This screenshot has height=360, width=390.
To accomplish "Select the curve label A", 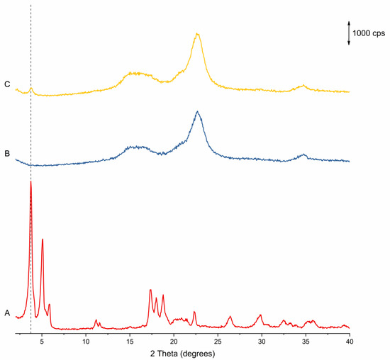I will coord(7,313).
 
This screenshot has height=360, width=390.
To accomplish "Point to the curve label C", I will coord(7,85).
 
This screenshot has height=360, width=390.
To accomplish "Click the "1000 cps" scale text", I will coord(369,33).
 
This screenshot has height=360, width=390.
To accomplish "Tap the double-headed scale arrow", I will coord(349,33).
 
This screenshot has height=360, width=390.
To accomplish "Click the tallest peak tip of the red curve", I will coord(30,181).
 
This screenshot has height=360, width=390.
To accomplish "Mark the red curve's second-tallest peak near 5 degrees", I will coord(43,239).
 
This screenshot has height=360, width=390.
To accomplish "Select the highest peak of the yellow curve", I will coord(198,34).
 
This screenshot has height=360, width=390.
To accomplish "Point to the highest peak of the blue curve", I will coord(198,111).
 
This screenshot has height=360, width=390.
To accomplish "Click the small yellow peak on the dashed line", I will coord(30,89).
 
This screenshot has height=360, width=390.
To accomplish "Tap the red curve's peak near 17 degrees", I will coord(150,290).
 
